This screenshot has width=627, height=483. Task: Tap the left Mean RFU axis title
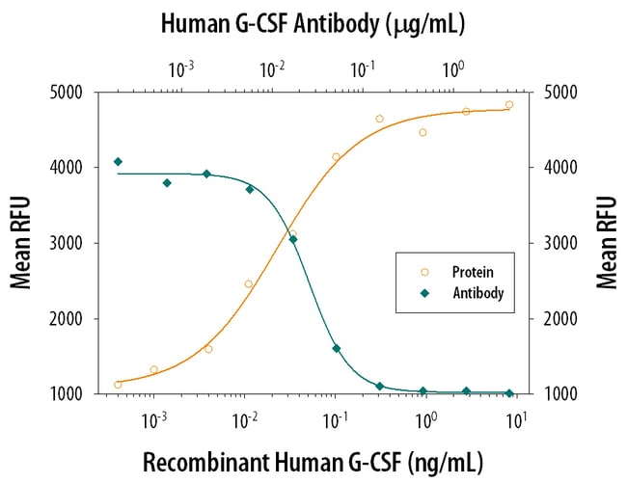click(20, 242)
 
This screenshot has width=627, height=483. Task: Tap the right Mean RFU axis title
click(605, 242)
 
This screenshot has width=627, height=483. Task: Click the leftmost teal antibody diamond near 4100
click(118, 161)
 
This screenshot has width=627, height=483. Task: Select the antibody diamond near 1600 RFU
click(337, 348)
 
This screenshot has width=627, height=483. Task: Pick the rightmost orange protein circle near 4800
click(509, 105)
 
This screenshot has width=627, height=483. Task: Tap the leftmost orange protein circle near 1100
click(118, 385)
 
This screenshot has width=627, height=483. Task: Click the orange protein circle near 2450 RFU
click(248, 284)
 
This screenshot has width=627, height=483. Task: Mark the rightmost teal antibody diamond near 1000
click(509, 393)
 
